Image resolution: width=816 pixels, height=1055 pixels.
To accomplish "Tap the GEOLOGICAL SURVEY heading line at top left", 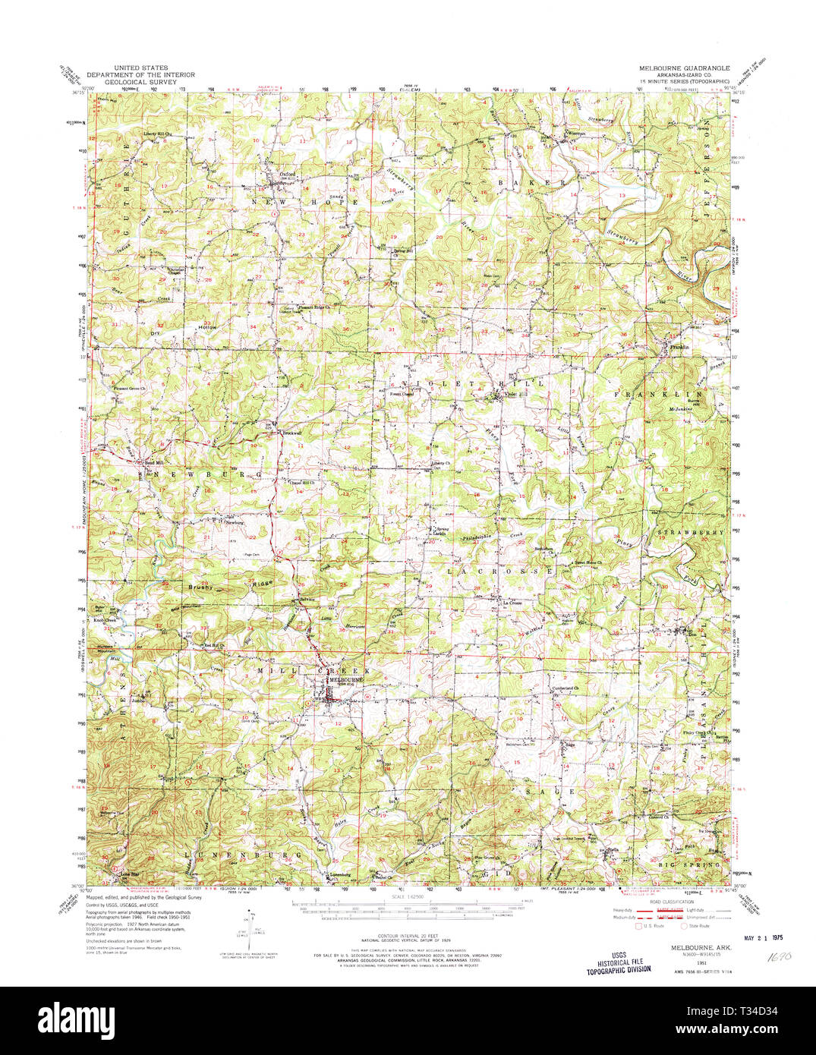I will click(140, 81).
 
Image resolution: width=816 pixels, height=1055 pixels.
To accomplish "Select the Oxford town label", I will click(287, 173).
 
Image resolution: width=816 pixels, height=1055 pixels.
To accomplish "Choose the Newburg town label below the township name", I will click(232, 522).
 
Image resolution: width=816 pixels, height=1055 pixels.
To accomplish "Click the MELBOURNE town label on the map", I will click(345, 680).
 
